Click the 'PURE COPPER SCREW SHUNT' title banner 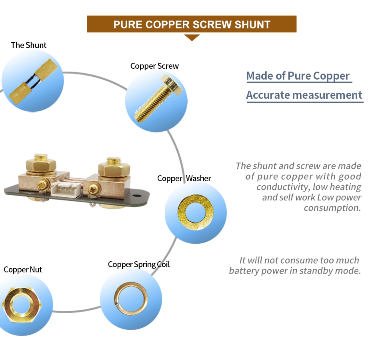point(192,24)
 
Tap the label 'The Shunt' point(29,45)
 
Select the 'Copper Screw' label point(154,66)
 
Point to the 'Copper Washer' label point(184,178)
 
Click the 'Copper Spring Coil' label point(139,264)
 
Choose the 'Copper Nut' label point(23,270)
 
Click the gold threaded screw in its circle point(156,100)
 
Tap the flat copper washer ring point(196,213)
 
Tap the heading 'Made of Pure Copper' point(298,76)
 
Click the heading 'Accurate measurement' point(304,95)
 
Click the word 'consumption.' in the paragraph point(332,208)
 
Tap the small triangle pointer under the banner point(192,37)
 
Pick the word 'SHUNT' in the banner point(252,24)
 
